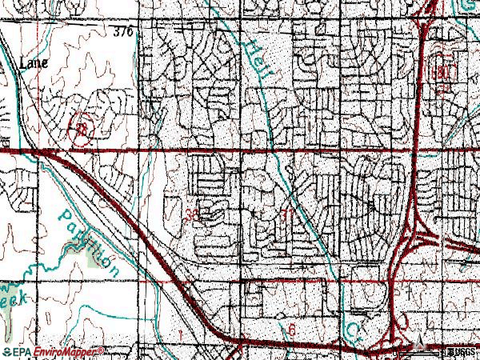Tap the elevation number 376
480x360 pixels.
(x=122, y=32)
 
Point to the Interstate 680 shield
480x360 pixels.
(x=446, y=71)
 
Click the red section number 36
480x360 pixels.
(x=191, y=214)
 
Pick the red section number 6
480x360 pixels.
(x=294, y=330)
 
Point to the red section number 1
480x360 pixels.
(x=183, y=331)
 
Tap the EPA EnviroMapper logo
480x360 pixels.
(x=54, y=352)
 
